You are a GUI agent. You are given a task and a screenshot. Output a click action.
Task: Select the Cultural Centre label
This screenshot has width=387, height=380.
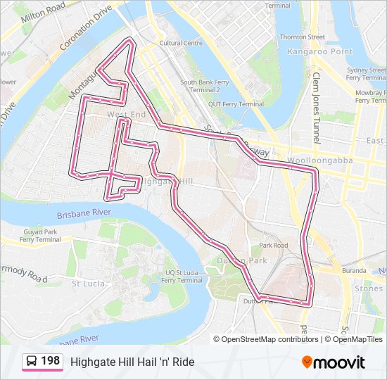pos(181,43)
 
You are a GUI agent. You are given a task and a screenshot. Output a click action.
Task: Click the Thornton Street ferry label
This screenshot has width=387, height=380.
pos(302,37)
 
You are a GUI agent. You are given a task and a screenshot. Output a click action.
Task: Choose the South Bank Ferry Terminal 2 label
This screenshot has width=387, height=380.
pos(205,86)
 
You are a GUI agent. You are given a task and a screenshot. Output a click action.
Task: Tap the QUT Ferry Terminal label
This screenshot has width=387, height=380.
pos(231,104)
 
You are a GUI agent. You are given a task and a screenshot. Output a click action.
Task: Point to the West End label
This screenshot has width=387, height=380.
pos(126,114)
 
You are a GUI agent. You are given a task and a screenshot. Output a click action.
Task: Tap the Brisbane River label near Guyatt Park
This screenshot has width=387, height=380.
pos(84,212)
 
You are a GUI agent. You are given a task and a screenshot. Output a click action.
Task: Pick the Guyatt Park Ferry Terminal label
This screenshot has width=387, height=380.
pos(40,235)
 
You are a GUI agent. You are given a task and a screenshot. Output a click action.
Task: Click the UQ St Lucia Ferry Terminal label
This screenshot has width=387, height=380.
pos(182,276)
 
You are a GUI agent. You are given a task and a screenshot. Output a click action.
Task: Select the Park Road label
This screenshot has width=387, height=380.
pos(273,246)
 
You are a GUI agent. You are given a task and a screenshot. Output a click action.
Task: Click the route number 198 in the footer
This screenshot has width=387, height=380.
pos(50,361)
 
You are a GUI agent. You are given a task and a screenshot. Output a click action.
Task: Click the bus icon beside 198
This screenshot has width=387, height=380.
pos(32,362)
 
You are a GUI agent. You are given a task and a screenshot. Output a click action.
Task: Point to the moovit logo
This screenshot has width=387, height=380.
pos(334,362)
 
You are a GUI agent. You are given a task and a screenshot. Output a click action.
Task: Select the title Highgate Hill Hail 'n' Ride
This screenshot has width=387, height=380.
pos(132,362)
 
